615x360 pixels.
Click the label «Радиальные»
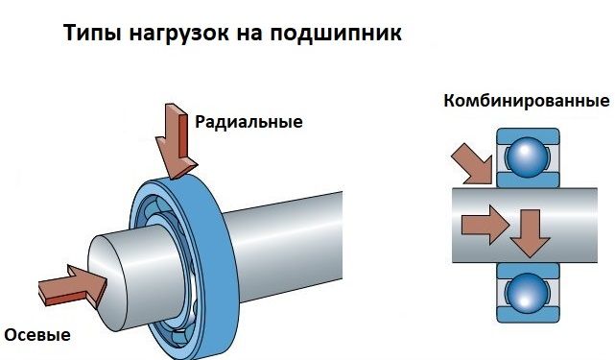pos(248,123)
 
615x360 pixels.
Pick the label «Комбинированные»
pos(527,102)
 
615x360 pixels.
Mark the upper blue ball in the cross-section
pos(527,158)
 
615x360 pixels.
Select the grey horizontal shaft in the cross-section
pos(576,226)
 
